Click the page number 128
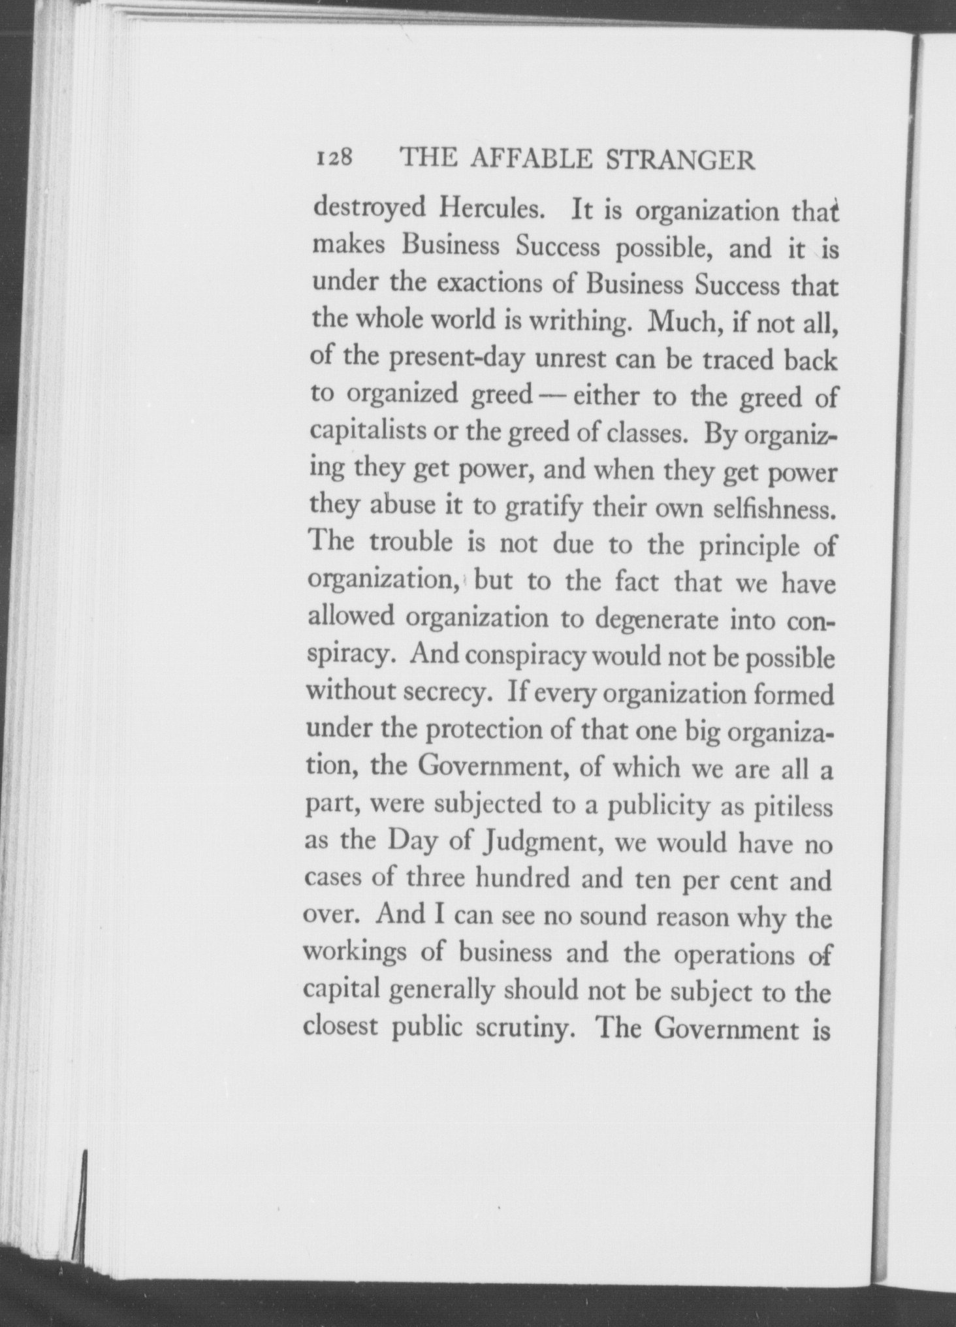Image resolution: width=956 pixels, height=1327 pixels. tap(334, 159)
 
